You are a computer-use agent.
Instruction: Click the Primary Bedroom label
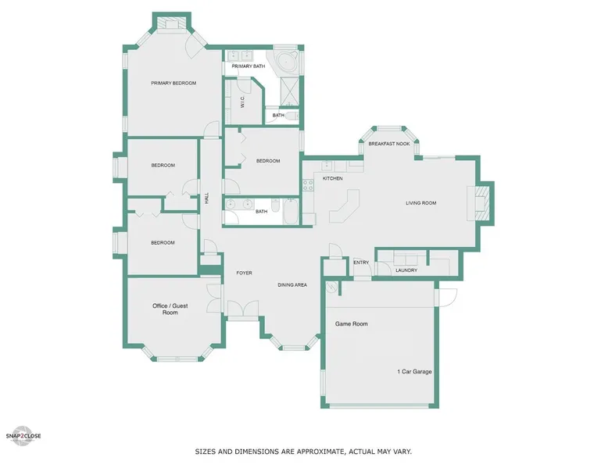point(173,83)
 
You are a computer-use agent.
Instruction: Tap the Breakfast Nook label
point(389,144)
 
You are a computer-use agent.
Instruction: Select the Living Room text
point(420,203)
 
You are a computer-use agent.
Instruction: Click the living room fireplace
point(480,203)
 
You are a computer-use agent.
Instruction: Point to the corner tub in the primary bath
point(287,62)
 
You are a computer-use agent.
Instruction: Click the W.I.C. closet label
point(242,102)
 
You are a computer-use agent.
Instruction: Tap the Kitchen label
point(333,178)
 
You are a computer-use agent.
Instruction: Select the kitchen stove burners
point(308,185)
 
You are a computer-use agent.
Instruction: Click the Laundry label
point(406,270)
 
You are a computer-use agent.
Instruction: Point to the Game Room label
point(352,323)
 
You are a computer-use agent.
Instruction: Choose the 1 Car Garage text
point(414,371)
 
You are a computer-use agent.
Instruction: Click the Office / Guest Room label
point(170,309)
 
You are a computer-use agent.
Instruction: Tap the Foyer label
point(245,273)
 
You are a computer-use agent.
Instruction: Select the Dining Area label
point(292,285)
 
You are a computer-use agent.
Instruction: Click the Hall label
point(206,198)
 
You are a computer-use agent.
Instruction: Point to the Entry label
point(361,263)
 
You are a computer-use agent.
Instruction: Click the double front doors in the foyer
point(243,309)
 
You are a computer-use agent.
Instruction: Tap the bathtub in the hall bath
point(291,211)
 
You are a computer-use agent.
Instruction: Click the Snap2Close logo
point(23,436)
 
